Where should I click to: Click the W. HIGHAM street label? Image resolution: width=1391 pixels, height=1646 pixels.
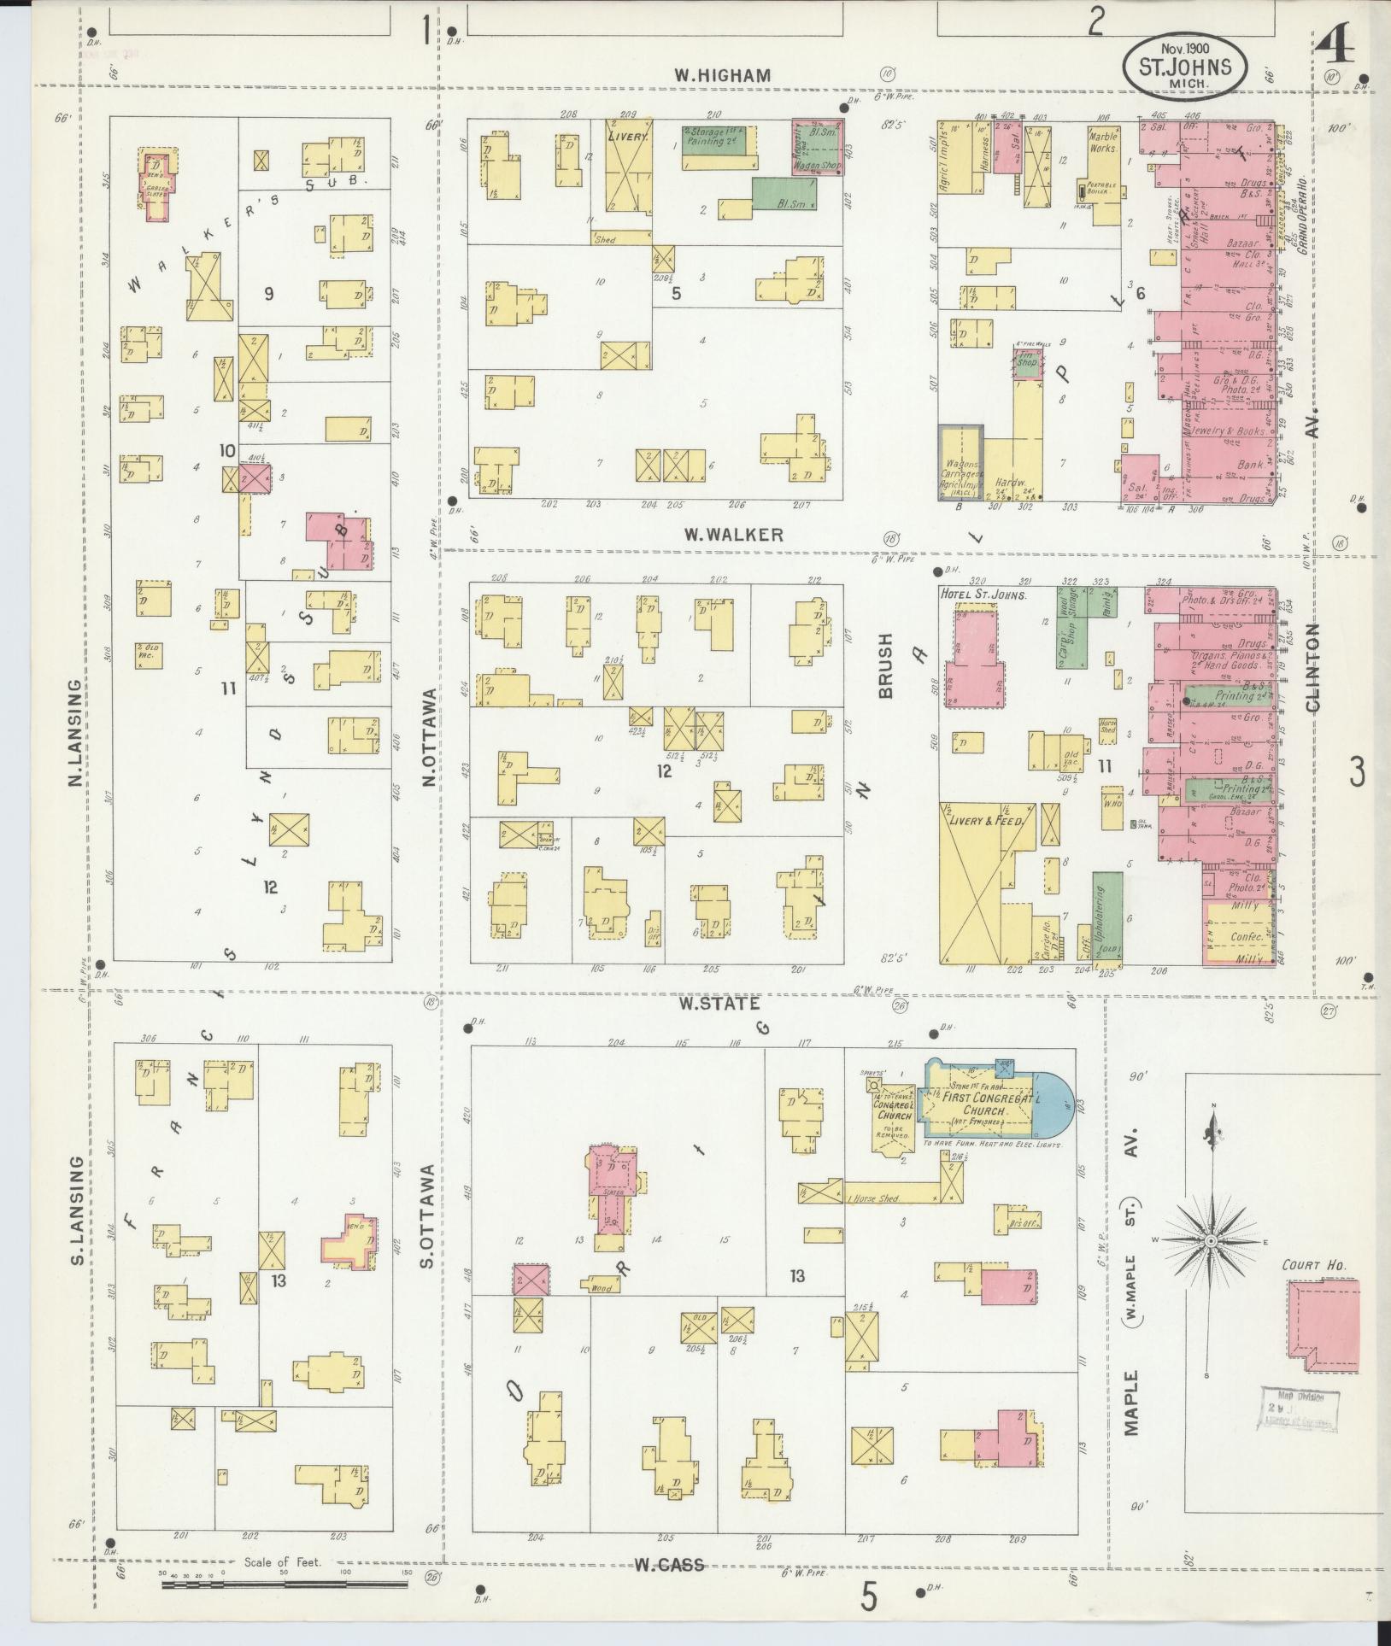click(x=722, y=75)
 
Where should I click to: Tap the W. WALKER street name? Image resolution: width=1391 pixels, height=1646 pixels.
click(x=733, y=535)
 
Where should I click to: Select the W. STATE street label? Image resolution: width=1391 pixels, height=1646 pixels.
click(x=719, y=1004)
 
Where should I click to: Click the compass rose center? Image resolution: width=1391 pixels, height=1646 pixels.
click(x=1211, y=1239)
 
